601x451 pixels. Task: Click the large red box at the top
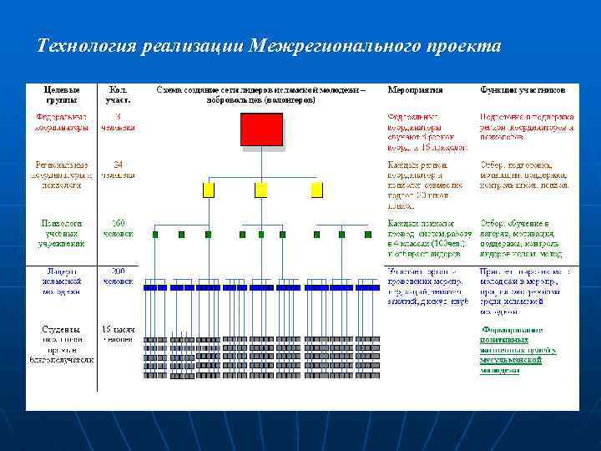pyautogui.click(x=262, y=129)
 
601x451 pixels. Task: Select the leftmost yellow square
pyautogui.click(x=209, y=190)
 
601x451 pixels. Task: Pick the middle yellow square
pyautogui.click(x=261, y=190)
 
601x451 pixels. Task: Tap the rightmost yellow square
pyautogui.click(x=316, y=190)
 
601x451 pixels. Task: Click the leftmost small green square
pyautogui.click(x=155, y=235)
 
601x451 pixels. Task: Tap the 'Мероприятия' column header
pyautogui.click(x=415, y=89)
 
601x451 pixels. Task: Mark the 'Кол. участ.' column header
pyautogui.click(x=118, y=94)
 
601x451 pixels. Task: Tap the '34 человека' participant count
pyautogui.click(x=118, y=170)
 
